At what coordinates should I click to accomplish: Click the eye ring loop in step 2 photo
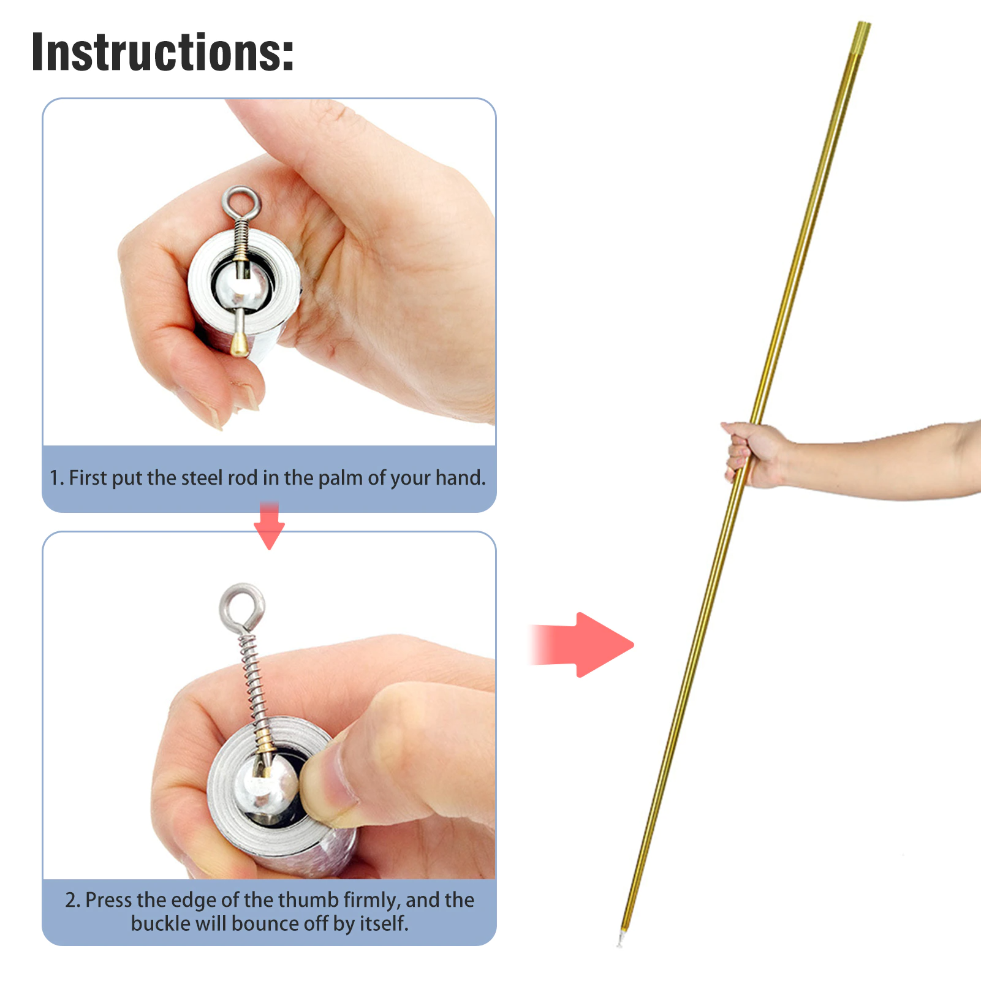point(243,588)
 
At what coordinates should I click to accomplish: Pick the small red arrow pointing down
point(269,526)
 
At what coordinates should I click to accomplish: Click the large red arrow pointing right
point(581,645)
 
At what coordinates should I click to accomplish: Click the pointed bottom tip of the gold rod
point(620,942)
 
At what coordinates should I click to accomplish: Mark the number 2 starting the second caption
point(72,900)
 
